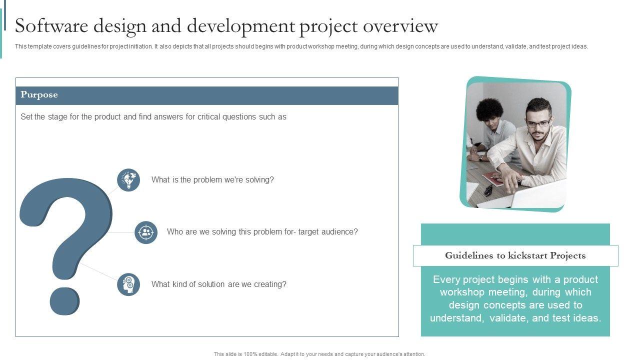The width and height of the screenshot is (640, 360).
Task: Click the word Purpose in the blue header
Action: tap(39, 94)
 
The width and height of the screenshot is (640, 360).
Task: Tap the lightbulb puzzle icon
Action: tap(128, 179)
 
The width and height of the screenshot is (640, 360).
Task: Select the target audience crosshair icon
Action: tap(146, 232)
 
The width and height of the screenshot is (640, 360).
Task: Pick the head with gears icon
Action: tap(128, 284)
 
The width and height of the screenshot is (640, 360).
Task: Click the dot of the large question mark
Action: tap(65, 301)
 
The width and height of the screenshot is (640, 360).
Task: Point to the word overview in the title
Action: tap(400, 26)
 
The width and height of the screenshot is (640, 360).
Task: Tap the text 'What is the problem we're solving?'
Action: tap(212, 179)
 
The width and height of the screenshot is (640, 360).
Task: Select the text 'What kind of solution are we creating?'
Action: tap(219, 284)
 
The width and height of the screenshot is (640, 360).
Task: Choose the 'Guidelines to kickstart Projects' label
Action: tap(515, 255)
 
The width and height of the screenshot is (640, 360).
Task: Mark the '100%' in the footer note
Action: tap(250, 354)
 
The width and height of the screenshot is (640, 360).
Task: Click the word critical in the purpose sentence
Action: tap(209, 116)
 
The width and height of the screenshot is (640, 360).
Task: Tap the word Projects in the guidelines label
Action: tap(568, 255)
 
